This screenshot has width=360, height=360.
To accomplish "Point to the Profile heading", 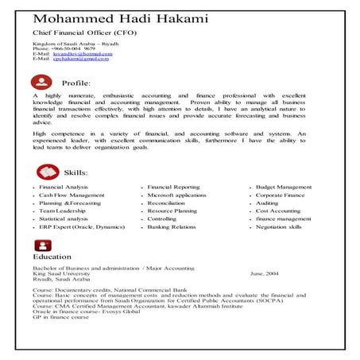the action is (x=75, y=83).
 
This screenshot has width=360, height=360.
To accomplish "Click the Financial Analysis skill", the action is (x=64, y=187).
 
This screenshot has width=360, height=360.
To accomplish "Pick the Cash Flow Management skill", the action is (x=72, y=195).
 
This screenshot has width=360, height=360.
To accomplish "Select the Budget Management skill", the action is (x=284, y=187).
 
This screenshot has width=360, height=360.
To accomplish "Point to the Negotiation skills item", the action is (x=279, y=227).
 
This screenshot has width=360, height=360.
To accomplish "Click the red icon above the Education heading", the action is (x=41, y=245).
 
